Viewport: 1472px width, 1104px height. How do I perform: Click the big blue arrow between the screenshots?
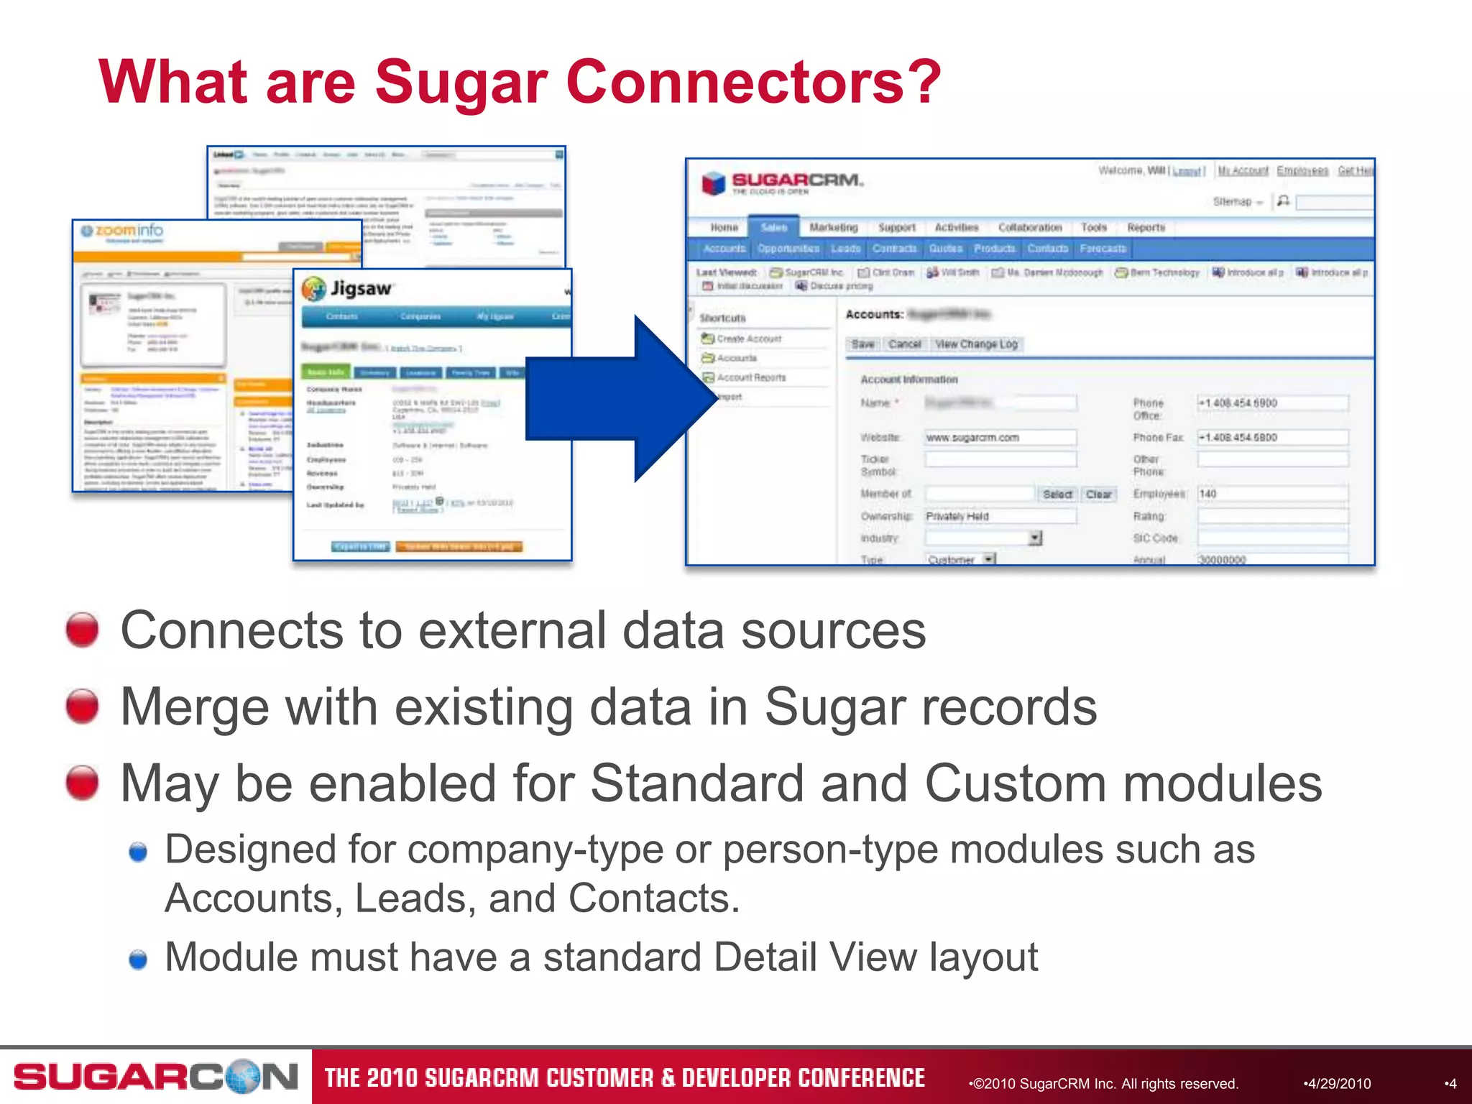(618, 399)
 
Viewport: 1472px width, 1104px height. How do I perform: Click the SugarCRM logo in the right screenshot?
(783, 183)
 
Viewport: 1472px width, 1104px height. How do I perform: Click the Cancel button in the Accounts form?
(904, 344)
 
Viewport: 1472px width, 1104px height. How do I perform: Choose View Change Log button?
(976, 344)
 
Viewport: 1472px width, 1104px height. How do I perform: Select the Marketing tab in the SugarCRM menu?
(833, 228)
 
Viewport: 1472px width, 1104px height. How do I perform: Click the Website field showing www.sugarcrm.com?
(1000, 438)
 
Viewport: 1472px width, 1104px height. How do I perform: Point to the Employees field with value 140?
(1271, 494)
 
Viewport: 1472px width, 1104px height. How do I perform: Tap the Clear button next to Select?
(1098, 494)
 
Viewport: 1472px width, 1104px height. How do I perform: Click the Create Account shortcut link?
(748, 339)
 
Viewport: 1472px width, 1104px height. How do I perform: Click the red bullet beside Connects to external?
(82, 630)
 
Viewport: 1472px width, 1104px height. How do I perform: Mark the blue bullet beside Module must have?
(138, 959)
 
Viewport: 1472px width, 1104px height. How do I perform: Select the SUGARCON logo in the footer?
(155, 1076)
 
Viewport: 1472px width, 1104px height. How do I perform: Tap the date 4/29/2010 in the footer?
(1338, 1083)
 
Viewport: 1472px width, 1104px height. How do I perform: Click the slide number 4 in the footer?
(1451, 1083)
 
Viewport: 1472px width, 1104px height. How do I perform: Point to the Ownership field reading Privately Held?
(1000, 516)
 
